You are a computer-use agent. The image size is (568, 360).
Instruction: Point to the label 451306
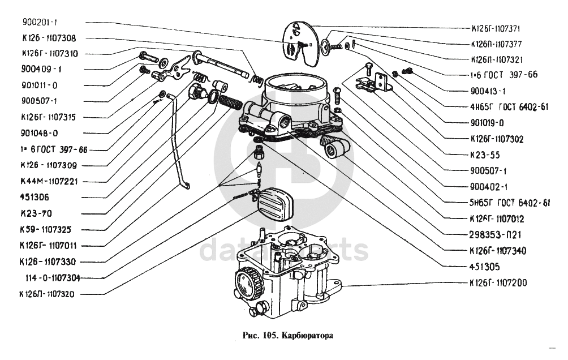[35, 198]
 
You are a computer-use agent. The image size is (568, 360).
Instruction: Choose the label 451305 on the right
[481, 265]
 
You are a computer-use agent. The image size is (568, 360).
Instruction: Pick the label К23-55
[481, 154]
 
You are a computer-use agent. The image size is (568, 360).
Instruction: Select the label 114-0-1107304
[52, 278]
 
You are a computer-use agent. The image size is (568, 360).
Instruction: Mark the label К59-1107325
[48, 230]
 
